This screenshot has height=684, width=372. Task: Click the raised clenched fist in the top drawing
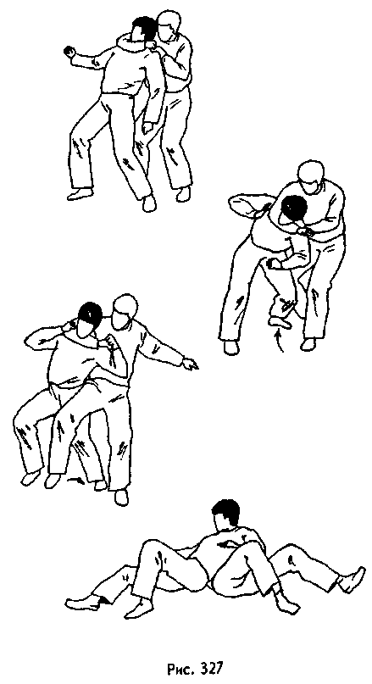coord(70,53)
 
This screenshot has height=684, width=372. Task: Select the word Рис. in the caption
coord(175,669)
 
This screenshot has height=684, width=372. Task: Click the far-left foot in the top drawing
coord(79,194)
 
